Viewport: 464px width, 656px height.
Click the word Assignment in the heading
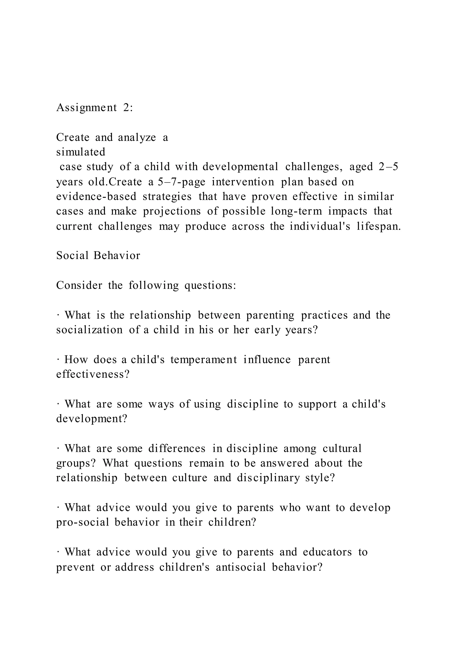tap(87, 108)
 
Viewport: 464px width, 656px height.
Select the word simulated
tap(81, 152)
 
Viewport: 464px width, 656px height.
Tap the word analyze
tap(137, 137)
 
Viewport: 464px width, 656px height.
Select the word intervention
tap(243, 182)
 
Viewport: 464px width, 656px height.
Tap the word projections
tap(172, 211)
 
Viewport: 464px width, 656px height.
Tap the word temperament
tap(204, 359)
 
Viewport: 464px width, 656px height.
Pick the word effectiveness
tap(93, 374)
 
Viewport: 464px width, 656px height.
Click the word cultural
tap(342, 448)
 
